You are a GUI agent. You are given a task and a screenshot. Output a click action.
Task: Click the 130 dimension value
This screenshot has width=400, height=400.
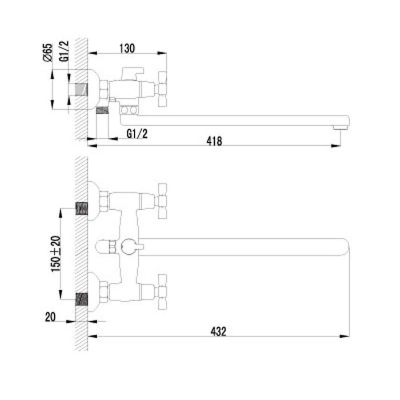tap(127, 49)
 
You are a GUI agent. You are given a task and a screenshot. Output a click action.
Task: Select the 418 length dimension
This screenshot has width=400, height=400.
tap(214, 140)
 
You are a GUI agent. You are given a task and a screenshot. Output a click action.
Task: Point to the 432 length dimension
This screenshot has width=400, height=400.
tap(219, 330)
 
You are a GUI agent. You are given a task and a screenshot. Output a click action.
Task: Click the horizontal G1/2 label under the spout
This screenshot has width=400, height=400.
tap(137, 133)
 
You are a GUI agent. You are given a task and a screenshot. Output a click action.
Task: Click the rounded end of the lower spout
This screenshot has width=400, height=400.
tap(345, 247)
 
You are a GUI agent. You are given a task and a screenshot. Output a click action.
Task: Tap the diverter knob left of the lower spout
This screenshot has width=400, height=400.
tap(103, 247)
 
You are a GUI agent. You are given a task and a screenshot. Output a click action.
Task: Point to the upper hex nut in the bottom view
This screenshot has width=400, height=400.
tap(104, 201)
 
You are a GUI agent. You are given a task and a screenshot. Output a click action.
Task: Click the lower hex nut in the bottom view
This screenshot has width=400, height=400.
tap(104, 291)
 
